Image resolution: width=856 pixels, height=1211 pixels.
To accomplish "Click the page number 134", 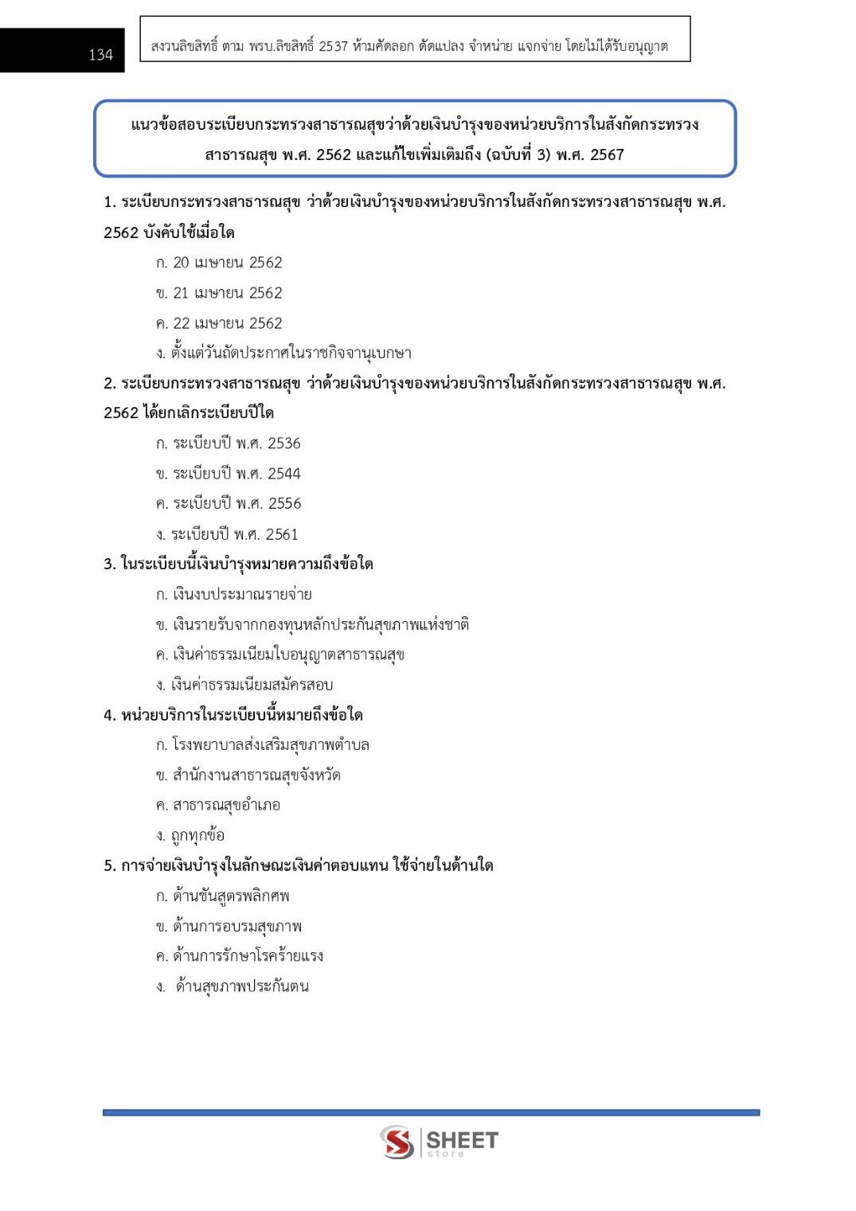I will [x=100, y=55].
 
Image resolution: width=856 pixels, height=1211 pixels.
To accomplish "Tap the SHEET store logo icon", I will [x=397, y=1142].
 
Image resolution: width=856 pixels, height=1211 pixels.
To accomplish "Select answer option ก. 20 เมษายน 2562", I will [x=219, y=263].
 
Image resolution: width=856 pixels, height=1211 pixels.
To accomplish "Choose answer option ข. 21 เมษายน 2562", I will [x=219, y=293].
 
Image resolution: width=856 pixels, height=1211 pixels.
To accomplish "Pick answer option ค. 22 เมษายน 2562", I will [x=219, y=323].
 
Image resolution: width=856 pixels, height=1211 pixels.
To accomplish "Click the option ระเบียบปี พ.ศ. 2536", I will [x=229, y=443].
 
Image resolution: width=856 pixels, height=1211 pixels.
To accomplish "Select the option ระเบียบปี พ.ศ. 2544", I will [x=229, y=474].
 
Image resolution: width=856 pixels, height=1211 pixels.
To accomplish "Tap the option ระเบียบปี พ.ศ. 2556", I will [x=229, y=503].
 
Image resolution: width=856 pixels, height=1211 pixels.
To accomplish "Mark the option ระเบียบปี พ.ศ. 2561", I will [x=227, y=534].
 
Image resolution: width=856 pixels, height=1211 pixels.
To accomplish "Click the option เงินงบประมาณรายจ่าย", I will [x=234, y=594].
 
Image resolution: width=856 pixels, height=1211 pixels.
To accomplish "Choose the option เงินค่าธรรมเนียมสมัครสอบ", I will [x=244, y=685].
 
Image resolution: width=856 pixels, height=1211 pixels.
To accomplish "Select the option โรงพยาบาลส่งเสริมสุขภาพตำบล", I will [x=263, y=745].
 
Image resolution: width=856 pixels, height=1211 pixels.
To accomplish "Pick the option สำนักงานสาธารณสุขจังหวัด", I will [x=248, y=775].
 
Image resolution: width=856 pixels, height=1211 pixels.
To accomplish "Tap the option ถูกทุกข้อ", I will [x=191, y=835].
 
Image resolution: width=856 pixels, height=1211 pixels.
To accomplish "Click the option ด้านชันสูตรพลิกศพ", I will [x=223, y=896].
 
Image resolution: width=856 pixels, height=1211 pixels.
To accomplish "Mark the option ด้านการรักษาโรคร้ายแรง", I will [x=240, y=956].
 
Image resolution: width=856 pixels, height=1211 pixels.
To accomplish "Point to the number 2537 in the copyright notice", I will [x=333, y=46].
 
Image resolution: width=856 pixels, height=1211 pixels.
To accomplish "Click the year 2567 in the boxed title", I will [x=607, y=154].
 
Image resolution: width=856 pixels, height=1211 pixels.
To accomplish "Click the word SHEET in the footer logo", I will [x=463, y=1139].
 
